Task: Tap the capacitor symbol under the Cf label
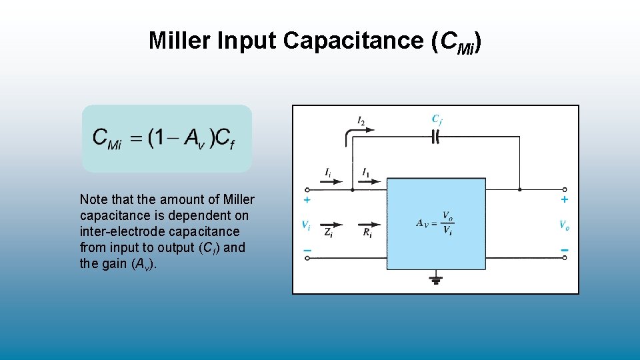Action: pos(437,137)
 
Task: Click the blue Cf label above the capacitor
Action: pos(437,120)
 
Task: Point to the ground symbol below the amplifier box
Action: pos(437,279)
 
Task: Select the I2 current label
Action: pos(361,121)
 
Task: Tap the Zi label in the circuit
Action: pos(329,233)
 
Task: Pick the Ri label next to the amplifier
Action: pos(367,233)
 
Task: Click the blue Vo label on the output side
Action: pos(564,225)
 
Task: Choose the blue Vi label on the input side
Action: pos(305,225)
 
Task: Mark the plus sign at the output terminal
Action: pos(565,199)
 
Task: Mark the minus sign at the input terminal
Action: pos(307,251)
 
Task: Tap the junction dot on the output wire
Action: pos(519,189)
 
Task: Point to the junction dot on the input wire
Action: pos(353,189)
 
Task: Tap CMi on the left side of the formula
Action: pos(107,138)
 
